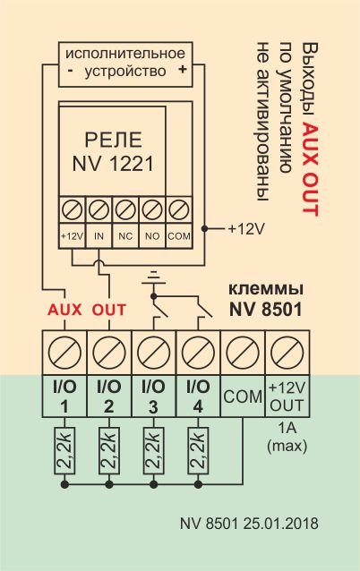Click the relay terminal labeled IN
(x=99, y=236)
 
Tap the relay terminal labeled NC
(x=125, y=236)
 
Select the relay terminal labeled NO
(x=152, y=236)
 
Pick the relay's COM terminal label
(x=179, y=236)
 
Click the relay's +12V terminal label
(x=73, y=236)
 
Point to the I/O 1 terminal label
(x=64, y=396)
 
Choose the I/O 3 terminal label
(x=153, y=396)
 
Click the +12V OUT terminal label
(x=287, y=396)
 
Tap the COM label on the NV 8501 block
(x=243, y=396)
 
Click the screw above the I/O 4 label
(x=198, y=353)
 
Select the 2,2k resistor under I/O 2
(x=109, y=451)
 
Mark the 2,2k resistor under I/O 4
(x=198, y=451)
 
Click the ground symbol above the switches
(x=154, y=277)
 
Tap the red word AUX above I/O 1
(x=64, y=310)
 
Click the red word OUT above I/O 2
(x=109, y=310)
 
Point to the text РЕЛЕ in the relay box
(x=114, y=140)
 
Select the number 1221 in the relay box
(x=130, y=164)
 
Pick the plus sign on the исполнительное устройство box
(x=182, y=69)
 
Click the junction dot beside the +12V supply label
(x=204, y=229)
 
